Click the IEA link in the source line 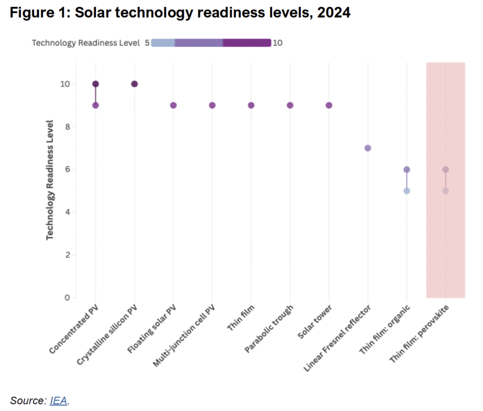tap(59, 400)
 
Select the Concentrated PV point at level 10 tap(95, 84)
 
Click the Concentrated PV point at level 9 tap(95, 105)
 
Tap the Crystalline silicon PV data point tap(135, 84)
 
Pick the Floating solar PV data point tap(174, 105)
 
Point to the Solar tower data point tap(329, 105)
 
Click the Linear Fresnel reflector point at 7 tap(368, 148)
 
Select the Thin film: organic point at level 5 tap(407, 191)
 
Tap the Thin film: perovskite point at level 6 tap(445, 169)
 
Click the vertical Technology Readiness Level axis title tap(50, 180)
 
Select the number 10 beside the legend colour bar tap(278, 43)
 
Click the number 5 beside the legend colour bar tap(147, 43)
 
